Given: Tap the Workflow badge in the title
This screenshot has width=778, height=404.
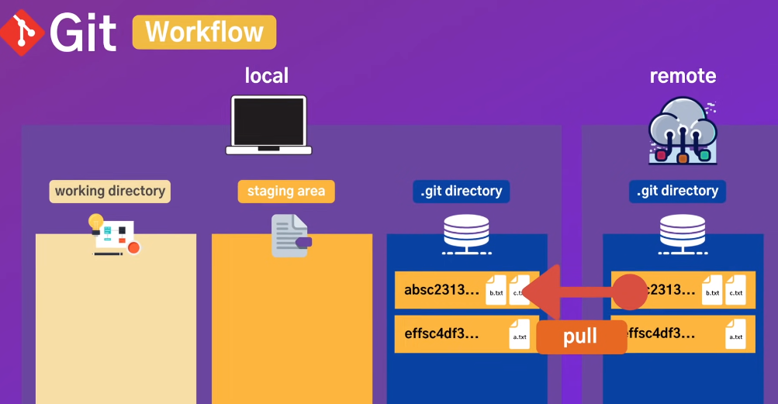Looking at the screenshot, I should pyautogui.click(x=204, y=33).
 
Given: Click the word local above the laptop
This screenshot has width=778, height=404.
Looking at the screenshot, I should pyautogui.click(x=266, y=75).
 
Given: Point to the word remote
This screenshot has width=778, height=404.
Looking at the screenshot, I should pyautogui.click(x=683, y=75).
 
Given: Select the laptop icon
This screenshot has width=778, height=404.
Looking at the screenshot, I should pyautogui.click(x=268, y=124).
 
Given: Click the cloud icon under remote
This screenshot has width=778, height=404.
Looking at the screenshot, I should pyautogui.click(x=683, y=130).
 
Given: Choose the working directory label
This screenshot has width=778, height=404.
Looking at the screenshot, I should pyautogui.click(x=110, y=191).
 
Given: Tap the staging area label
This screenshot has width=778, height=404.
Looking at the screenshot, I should pyautogui.click(x=286, y=191).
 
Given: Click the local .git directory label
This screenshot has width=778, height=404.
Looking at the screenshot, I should pyautogui.click(x=462, y=191).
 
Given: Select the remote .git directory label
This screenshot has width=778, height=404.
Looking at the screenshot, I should pyautogui.click(x=677, y=191).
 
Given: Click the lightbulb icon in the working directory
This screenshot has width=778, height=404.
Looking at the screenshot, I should pyautogui.click(x=96, y=222).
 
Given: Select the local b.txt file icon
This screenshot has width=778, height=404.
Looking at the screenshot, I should pyautogui.click(x=496, y=291).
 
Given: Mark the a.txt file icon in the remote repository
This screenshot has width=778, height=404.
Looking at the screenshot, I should pyautogui.click(x=735, y=334).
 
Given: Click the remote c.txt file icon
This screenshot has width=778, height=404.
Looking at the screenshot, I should pyautogui.click(x=735, y=291).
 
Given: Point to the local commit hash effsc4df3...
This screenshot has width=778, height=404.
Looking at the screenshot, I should pyautogui.click(x=441, y=334).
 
